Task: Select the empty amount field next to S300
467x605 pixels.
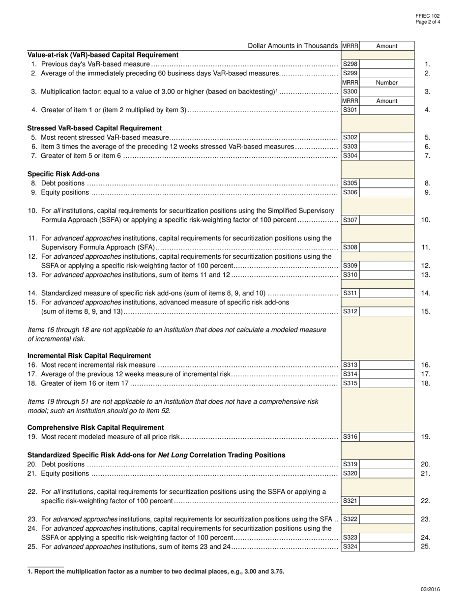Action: [x=387, y=91]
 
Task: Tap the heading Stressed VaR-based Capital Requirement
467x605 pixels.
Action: [x=94, y=128]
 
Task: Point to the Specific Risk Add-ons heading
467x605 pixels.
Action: [x=63, y=174]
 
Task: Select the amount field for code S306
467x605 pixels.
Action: [x=387, y=192]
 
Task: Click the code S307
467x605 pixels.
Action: [x=350, y=220]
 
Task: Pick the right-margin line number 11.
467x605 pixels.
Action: [x=426, y=247]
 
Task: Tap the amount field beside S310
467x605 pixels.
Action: [x=387, y=274]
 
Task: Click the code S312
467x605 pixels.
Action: [x=350, y=311]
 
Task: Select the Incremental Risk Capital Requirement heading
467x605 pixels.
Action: [x=89, y=356]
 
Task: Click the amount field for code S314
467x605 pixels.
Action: [x=387, y=374]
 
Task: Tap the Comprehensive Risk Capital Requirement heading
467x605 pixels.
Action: [x=95, y=427]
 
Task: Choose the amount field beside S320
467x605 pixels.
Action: [x=387, y=474]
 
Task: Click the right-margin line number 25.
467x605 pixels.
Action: [x=426, y=546]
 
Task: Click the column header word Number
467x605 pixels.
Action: [x=386, y=83]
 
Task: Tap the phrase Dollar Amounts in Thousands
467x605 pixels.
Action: [x=293, y=46]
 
